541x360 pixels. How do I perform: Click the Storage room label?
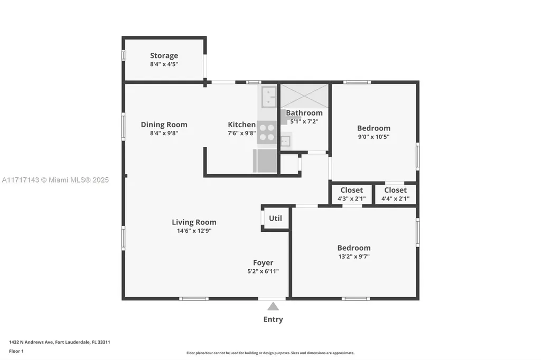164,55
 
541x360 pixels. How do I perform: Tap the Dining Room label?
164,125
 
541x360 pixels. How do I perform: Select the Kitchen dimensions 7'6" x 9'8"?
241,134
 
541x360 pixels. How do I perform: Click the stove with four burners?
267,132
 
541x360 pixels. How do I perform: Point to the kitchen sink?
269,97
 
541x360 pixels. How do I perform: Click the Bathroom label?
304,112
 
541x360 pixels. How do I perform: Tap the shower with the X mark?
304,96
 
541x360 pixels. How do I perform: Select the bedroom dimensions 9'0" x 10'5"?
374,137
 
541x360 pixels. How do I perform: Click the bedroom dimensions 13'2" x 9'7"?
353,257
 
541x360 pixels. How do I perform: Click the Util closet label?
275,218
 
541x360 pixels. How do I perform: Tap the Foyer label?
263,262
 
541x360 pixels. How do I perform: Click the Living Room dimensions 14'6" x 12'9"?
194,231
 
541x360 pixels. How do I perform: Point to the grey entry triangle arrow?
273,306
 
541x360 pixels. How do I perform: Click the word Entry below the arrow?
273,319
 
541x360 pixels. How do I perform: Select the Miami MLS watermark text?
55,180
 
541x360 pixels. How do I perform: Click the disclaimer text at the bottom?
270,353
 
